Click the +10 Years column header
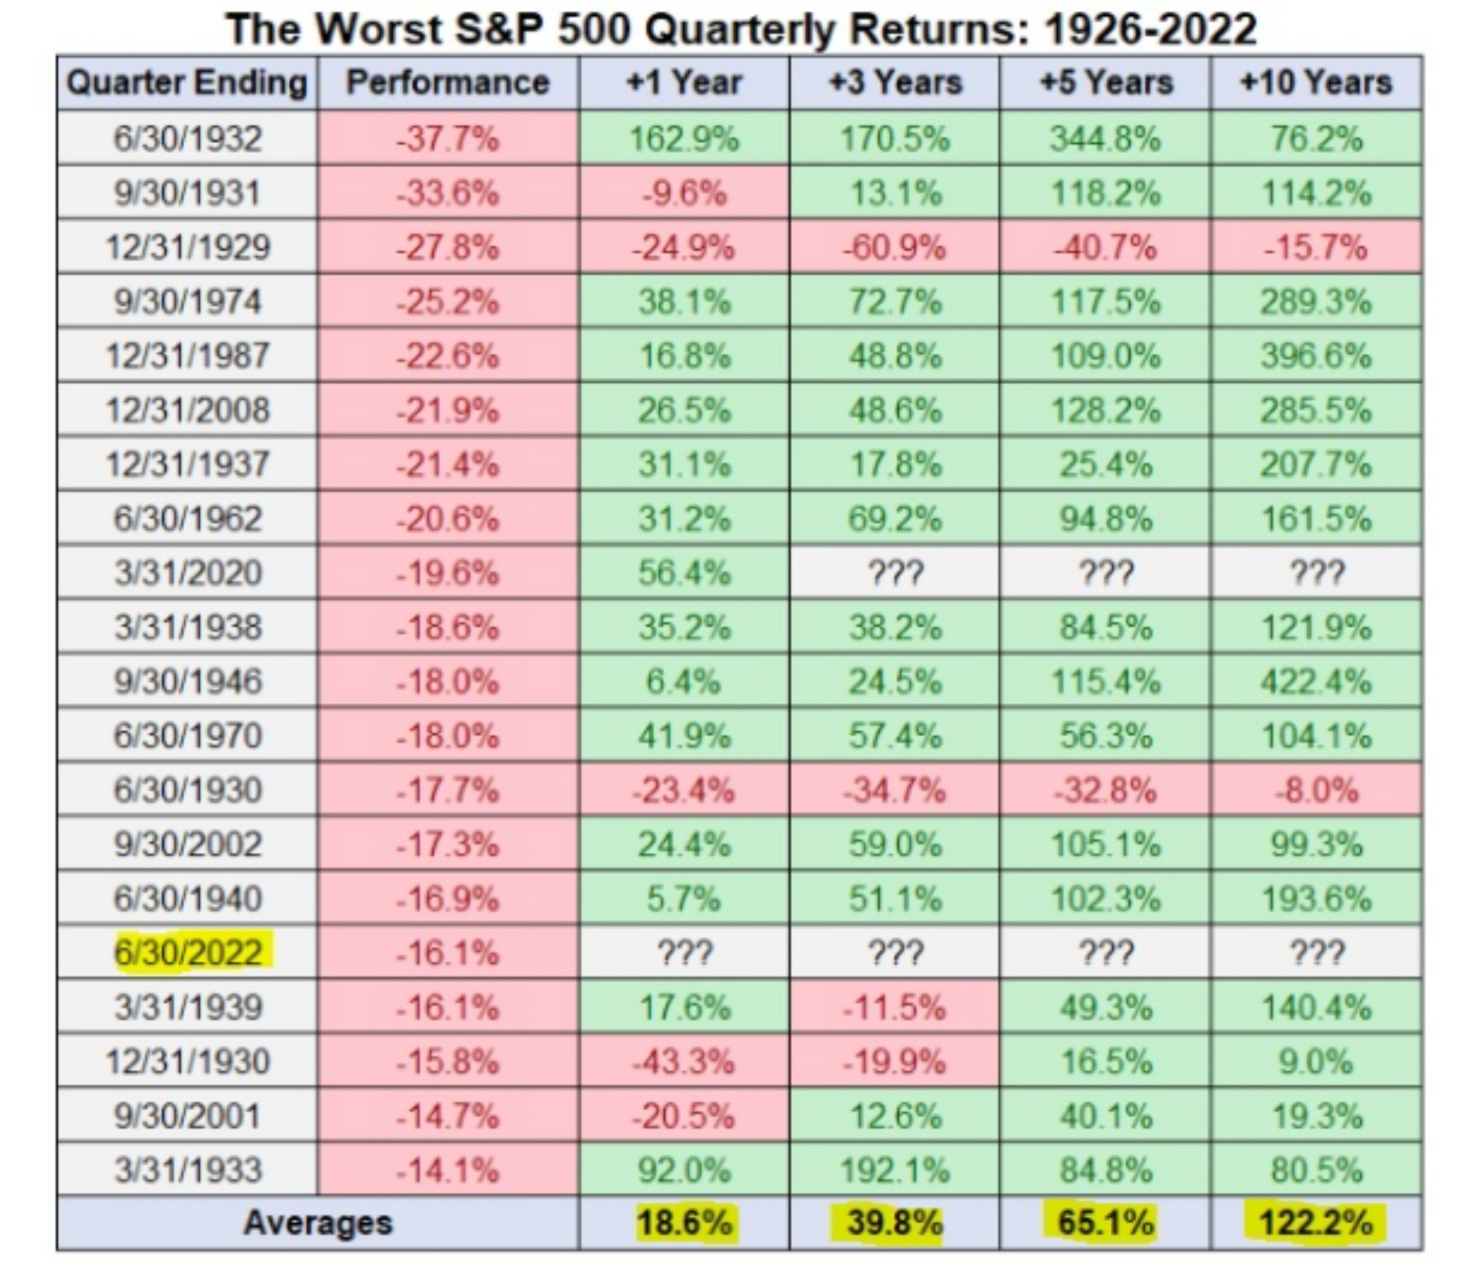1316,82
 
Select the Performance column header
448,82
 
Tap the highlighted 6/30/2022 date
189,953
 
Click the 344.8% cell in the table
1106,138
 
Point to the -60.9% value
894,247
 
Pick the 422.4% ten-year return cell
1316,681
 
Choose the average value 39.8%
895,1223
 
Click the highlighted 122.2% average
1316,1223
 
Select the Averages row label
318,1223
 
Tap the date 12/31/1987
188,355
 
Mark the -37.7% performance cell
448,138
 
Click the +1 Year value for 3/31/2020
684,572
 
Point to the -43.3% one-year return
684,1061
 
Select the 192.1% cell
895,1169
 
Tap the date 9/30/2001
188,1116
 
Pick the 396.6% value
1316,355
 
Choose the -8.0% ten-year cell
1316,790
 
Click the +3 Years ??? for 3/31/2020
895,572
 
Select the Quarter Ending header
187,82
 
